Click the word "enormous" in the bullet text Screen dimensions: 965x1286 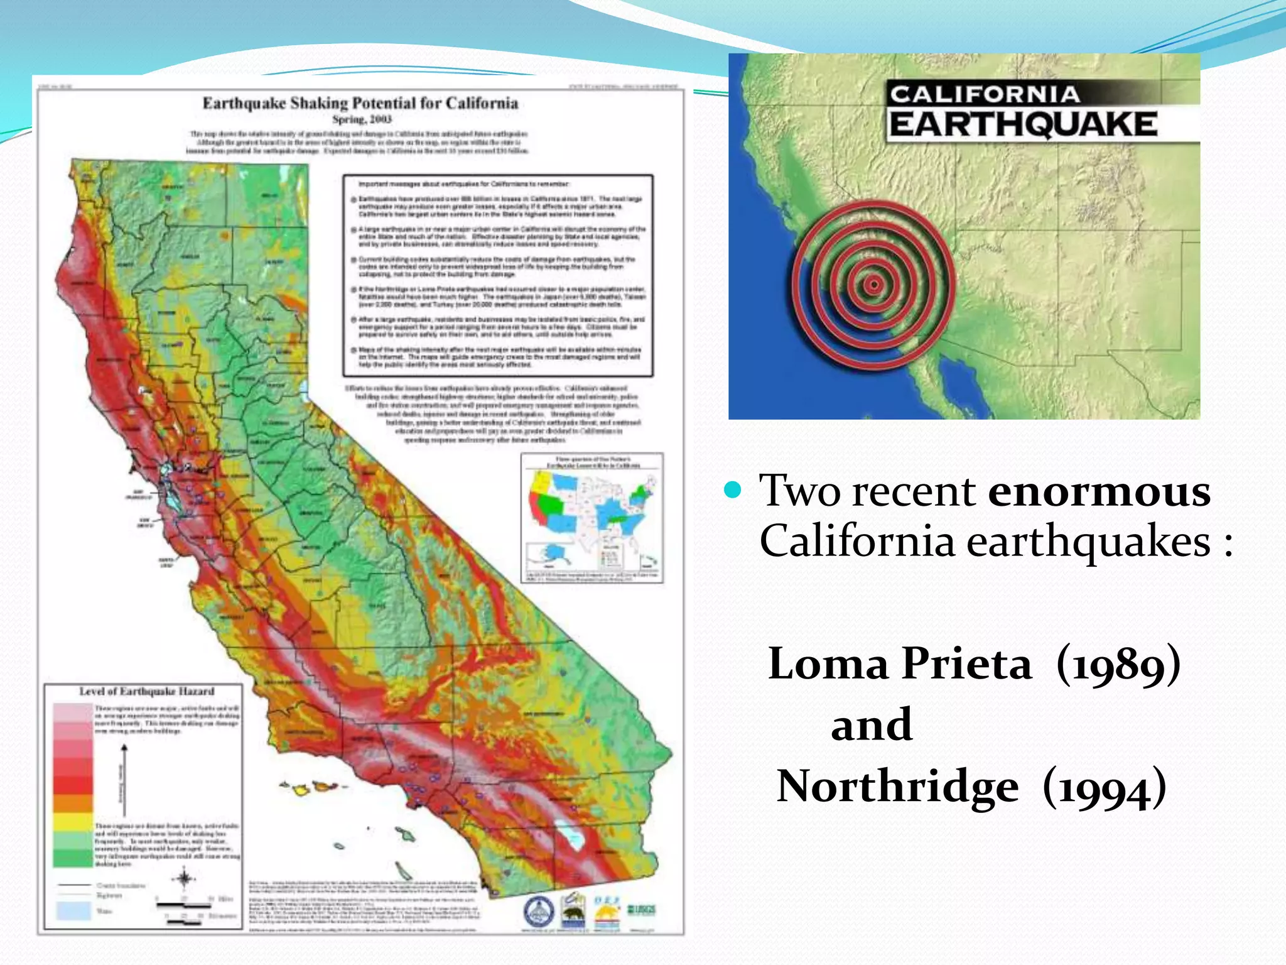1099,491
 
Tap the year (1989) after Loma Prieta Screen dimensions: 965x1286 1118,664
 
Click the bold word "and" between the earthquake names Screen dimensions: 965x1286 872,724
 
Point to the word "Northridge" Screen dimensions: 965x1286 897,786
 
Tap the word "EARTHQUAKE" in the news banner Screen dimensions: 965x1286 1023,124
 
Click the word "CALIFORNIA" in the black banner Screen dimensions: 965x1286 985,94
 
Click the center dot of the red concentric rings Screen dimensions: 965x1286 873,285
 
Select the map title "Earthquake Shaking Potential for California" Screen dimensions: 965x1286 360,104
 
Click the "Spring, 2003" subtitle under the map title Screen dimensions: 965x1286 362,119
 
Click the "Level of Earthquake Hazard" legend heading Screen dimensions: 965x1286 146,692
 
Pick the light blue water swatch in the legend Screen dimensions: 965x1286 73,910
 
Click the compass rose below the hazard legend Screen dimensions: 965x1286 184,879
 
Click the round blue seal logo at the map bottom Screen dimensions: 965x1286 539,912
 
